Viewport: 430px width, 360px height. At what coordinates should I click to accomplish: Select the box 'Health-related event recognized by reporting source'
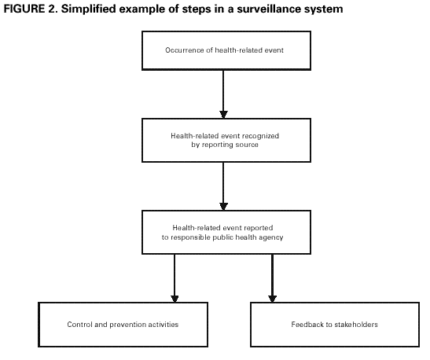point(224,141)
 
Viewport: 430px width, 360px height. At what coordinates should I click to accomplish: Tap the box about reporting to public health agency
point(224,232)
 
